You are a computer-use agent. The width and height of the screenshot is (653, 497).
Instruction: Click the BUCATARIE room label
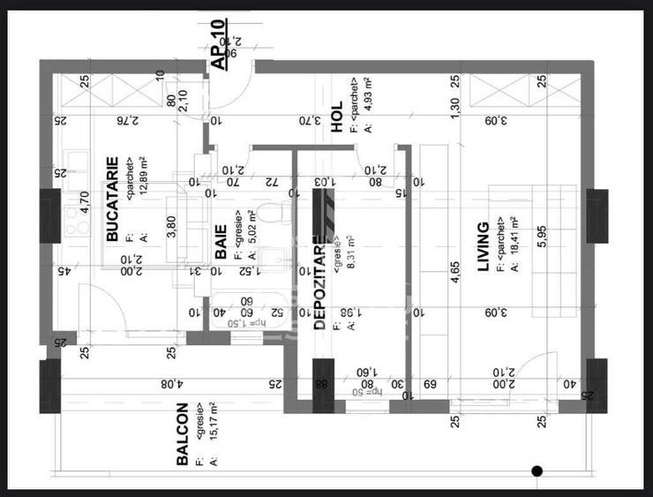coord(112,200)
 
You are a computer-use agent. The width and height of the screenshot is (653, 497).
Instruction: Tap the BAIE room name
coord(221,242)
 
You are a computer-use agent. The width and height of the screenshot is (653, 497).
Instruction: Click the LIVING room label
coord(483,246)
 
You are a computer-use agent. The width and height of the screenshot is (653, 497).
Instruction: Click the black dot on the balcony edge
coord(536,471)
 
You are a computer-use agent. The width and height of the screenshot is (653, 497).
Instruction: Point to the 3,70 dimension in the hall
coord(306,120)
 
